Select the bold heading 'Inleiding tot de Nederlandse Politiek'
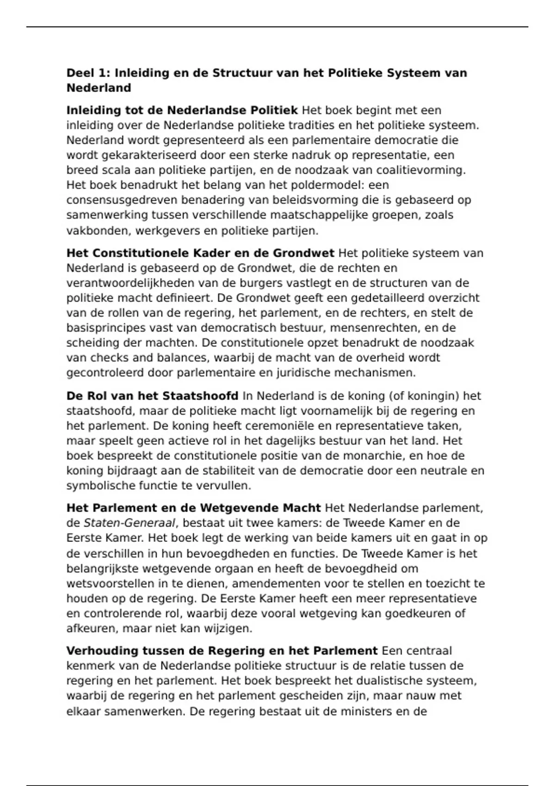(182, 111)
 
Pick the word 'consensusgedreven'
(122, 200)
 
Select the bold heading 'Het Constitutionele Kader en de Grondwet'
(200, 253)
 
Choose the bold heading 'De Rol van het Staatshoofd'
(152, 396)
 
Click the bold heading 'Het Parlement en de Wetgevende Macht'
(193, 508)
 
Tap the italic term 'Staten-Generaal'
(129, 523)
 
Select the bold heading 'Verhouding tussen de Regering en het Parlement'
(222, 651)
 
